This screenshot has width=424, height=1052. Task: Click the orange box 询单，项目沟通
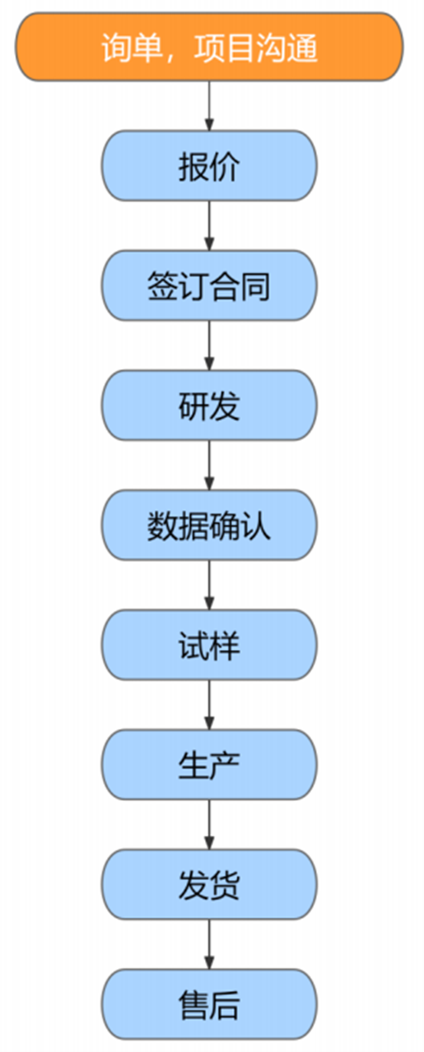[209, 47]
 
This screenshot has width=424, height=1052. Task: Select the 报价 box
[209, 167]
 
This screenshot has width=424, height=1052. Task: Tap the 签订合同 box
[209, 286]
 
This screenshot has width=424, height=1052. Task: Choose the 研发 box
[209, 406]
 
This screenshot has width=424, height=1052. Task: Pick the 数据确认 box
[209, 526]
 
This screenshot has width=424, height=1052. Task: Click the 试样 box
[209, 646]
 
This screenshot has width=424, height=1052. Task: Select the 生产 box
[209, 765]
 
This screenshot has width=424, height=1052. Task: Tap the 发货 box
[209, 885]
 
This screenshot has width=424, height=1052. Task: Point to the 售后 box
[209, 1004]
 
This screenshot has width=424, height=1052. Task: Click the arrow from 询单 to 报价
[209, 106]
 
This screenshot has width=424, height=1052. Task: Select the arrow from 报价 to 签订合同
[209, 226]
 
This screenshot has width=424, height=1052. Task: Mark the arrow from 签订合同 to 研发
[209, 345]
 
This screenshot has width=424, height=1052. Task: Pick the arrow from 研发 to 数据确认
[209, 466]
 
